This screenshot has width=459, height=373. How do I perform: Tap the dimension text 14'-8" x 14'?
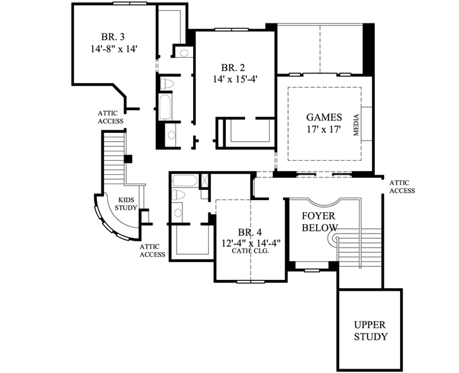[x=114, y=47]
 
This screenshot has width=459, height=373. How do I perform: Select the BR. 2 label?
[x=234, y=67]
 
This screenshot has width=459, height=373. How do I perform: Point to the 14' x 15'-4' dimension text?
[x=234, y=79]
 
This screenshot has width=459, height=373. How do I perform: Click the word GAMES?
[x=324, y=117]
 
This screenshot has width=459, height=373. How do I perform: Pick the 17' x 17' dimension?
[x=324, y=130]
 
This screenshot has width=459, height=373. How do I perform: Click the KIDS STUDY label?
[x=126, y=203]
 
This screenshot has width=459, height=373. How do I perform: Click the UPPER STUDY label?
[x=370, y=331]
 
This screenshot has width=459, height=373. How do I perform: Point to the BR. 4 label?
[x=251, y=231]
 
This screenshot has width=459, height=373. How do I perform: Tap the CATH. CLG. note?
[x=251, y=251]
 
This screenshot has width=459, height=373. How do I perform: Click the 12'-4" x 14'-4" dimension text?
[x=251, y=242]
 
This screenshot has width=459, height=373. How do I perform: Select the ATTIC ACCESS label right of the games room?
[x=402, y=186]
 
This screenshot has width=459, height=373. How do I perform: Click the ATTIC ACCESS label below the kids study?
[x=152, y=251]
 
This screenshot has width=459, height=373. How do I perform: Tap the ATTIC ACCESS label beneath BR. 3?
[x=110, y=117]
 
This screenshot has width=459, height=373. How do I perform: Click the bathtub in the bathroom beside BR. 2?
[x=164, y=107]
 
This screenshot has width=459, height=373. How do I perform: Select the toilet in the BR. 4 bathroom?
[x=179, y=195]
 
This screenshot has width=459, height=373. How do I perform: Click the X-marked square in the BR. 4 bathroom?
[x=206, y=180]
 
